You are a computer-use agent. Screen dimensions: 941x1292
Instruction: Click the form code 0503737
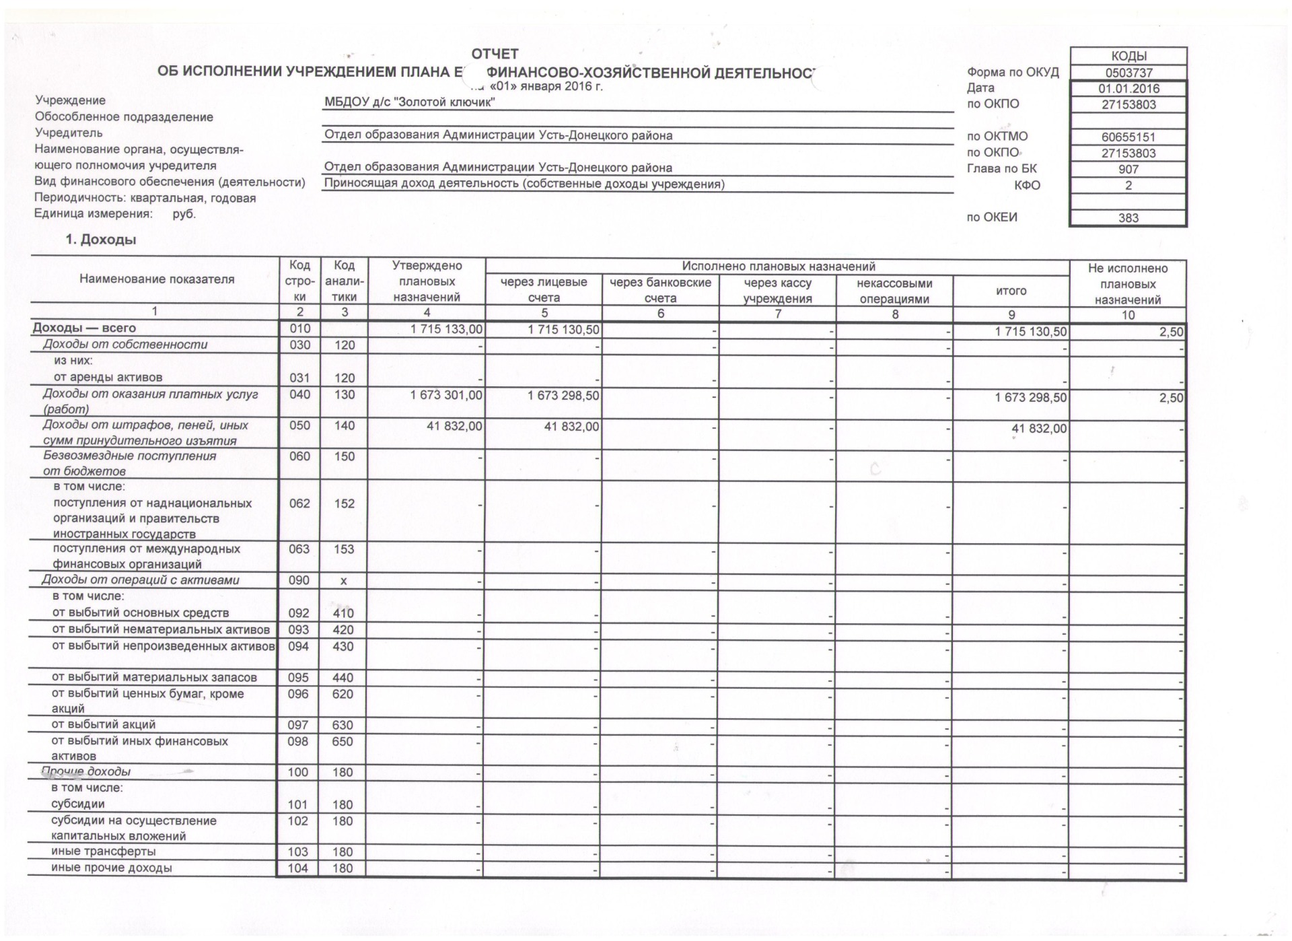click(1128, 73)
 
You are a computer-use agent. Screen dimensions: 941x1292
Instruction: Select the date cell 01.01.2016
click(1128, 89)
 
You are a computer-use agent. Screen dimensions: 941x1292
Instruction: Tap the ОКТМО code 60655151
click(1128, 137)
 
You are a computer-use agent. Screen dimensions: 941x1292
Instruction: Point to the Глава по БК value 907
click(1128, 170)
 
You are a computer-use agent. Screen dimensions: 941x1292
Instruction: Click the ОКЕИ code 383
click(1128, 218)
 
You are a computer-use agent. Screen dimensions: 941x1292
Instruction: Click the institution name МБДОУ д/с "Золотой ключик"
click(410, 102)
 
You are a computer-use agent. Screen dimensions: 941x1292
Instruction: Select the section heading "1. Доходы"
click(100, 240)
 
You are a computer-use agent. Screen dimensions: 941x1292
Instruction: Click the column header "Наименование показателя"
click(157, 279)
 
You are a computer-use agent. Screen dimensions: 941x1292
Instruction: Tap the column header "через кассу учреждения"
click(777, 291)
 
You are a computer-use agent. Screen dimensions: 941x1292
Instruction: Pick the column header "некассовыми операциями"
click(894, 291)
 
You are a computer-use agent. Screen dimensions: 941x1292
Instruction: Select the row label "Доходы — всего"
click(84, 328)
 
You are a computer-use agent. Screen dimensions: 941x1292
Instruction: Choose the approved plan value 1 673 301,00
click(447, 395)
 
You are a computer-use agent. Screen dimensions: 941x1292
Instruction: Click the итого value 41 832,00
click(1039, 429)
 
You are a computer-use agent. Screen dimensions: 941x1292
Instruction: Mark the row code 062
click(299, 503)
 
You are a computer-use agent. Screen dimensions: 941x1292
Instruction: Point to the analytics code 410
click(343, 613)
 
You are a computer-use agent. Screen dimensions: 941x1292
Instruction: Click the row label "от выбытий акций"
click(104, 725)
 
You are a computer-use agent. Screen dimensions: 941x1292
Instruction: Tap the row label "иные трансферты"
click(104, 852)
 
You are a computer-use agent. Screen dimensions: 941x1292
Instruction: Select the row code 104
click(298, 868)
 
